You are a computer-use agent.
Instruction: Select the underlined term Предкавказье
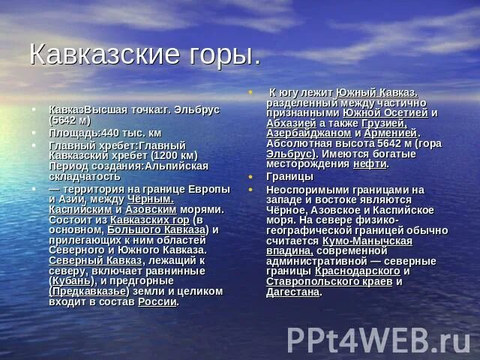pyautogui.click(x=89, y=291)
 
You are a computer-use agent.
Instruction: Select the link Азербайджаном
pyautogui.click(x=309, y=133)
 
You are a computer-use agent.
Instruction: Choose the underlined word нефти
pyautogui.click(x=370, y=163)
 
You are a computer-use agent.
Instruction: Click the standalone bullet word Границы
pyautogui.click(x=289, y=177)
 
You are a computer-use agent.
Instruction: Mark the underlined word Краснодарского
pyautogui.click(x=357, y=271)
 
